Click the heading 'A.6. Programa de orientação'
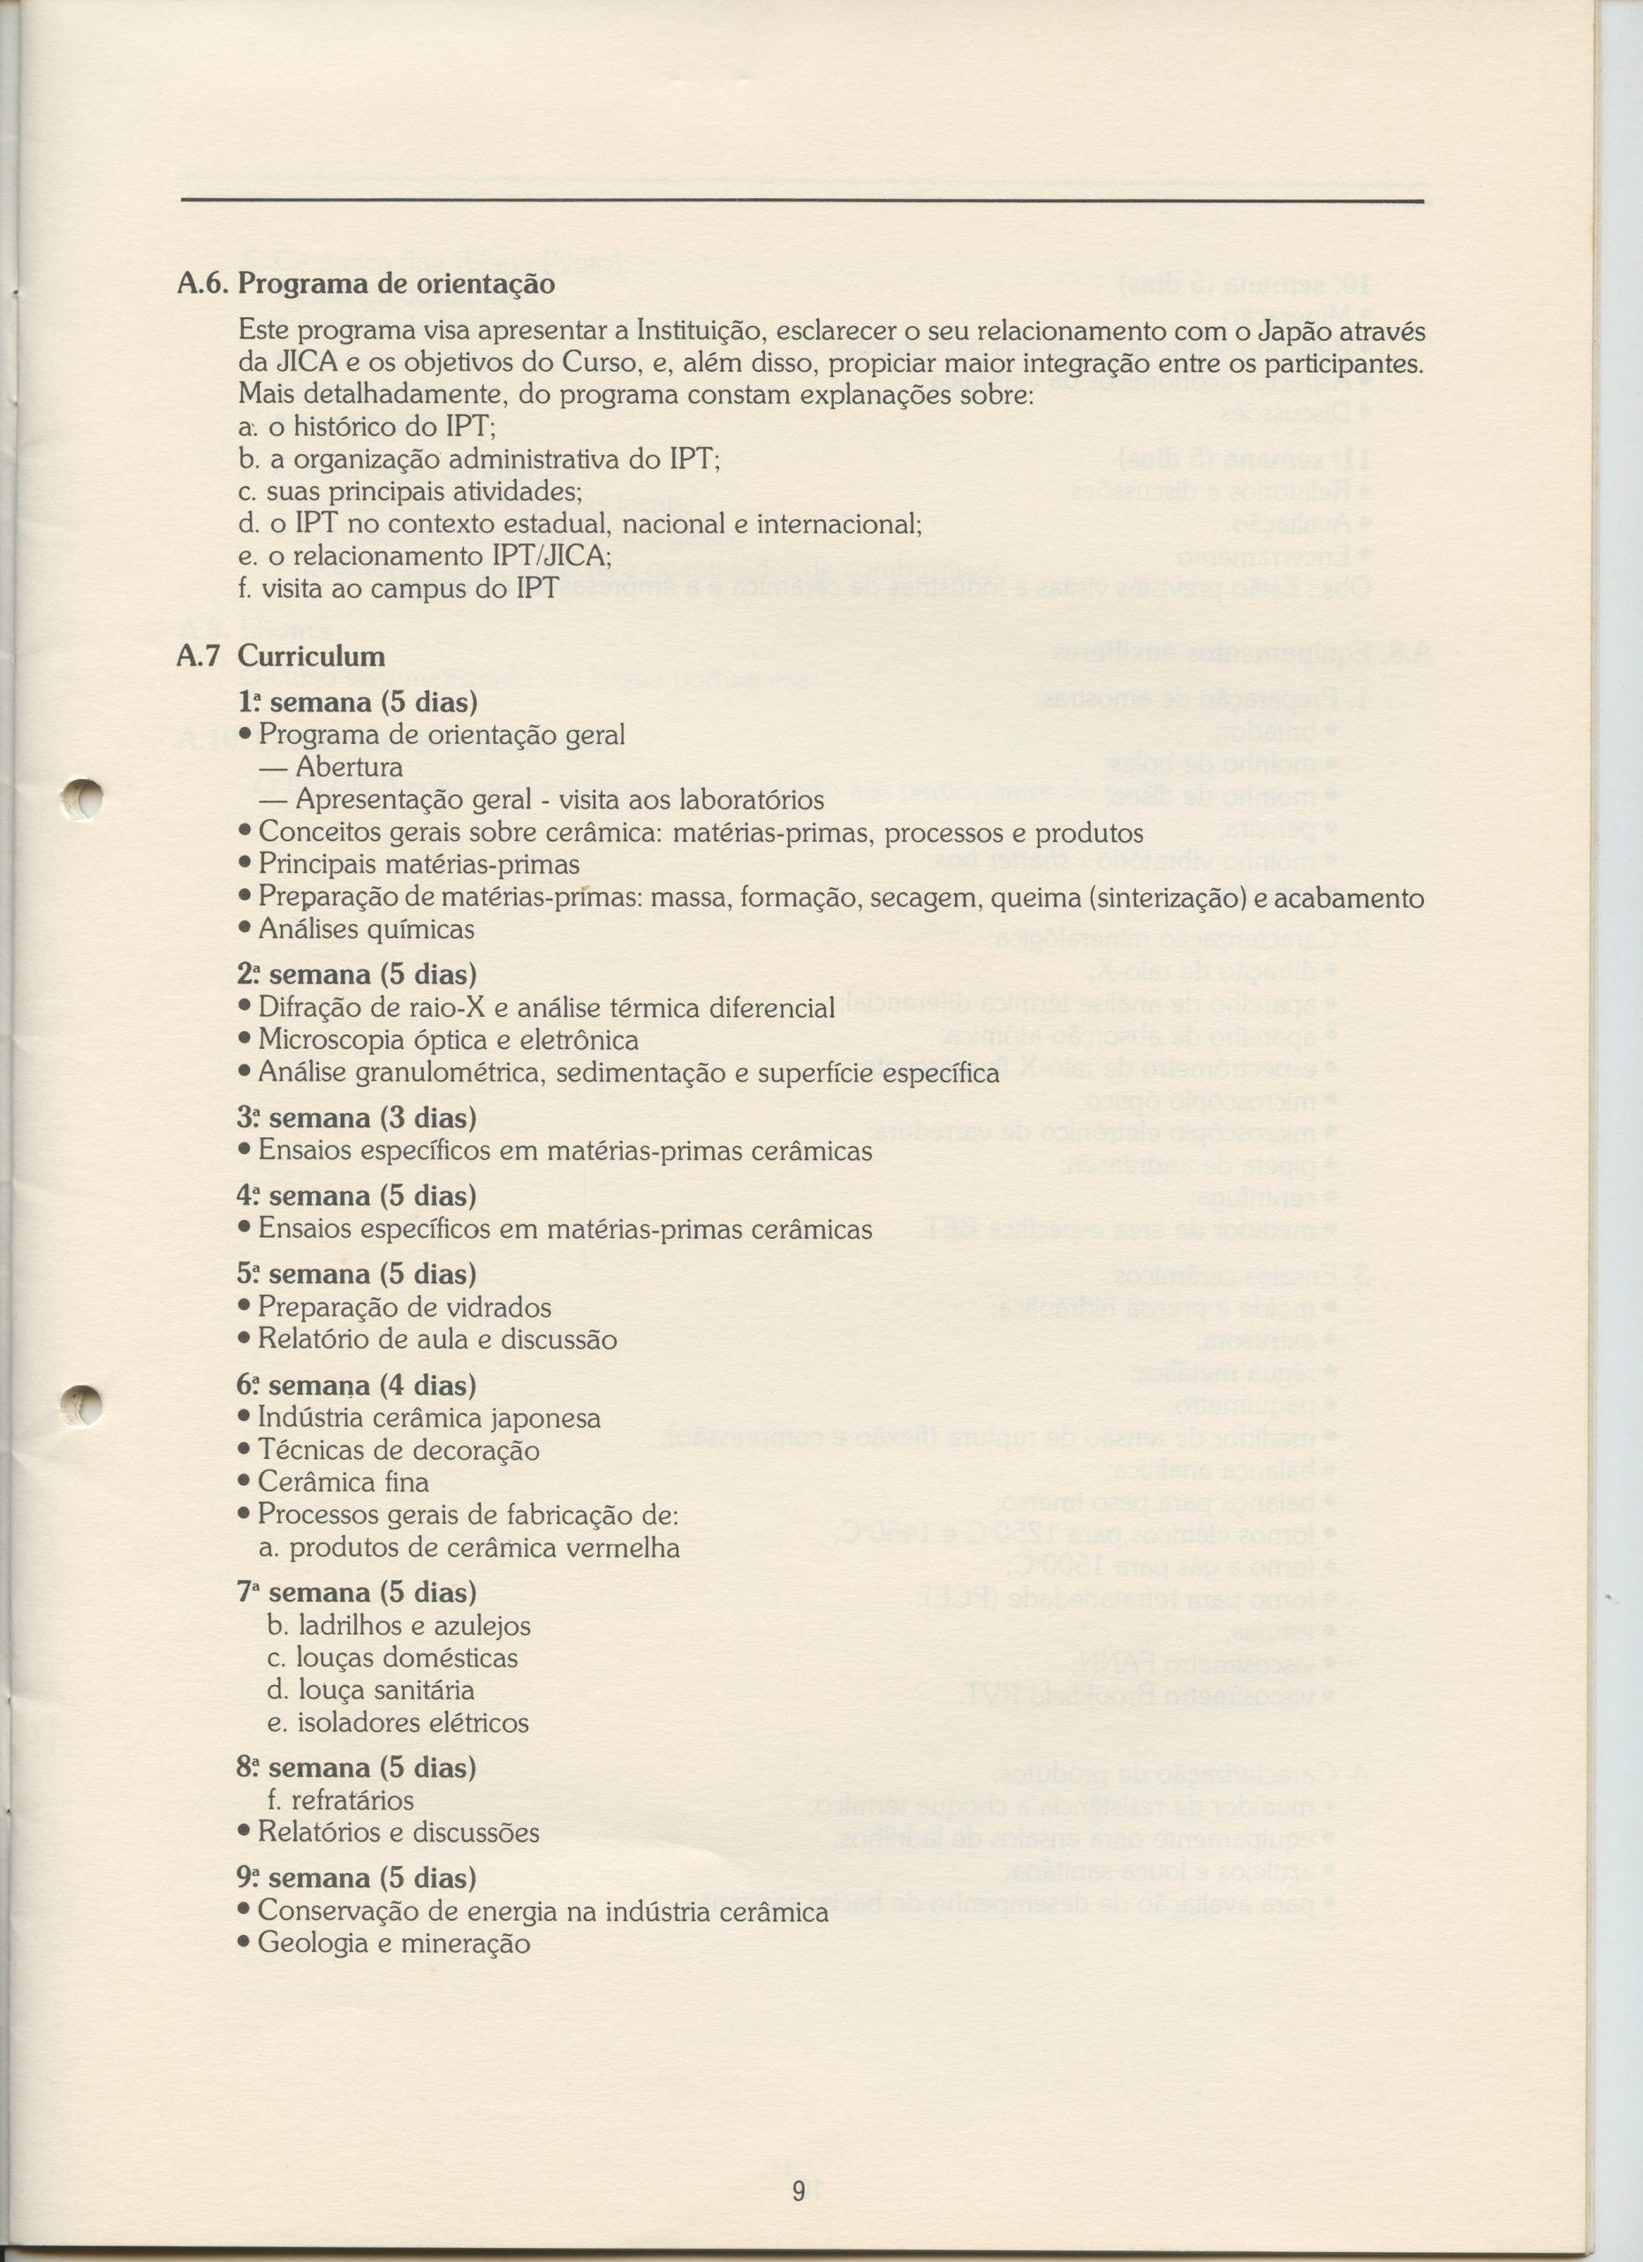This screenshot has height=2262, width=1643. [x=365, y=285]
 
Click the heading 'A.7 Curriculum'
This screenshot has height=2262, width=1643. [x=280, y=657]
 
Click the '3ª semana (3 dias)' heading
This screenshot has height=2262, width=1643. [x=357, y=1118]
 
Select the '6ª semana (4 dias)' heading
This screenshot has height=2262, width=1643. [x=357, y=1385]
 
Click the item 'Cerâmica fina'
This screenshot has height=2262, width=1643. [x=343, y=1482]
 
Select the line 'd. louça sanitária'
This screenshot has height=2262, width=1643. [x=371, y=1690]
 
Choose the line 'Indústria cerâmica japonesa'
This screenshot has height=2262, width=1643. [x=428, y=1418]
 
